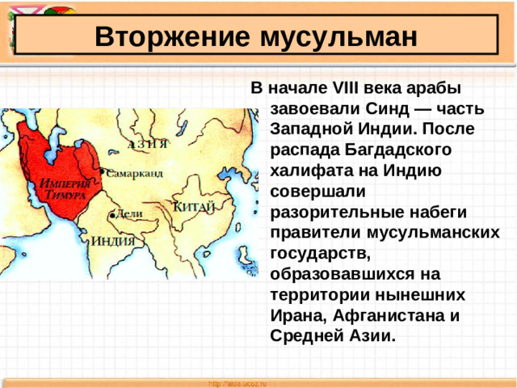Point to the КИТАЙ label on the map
pyautogui.click(x=194, y=207)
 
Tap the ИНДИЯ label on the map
pyautogui.click(x=112, y=241)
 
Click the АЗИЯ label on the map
pyautogui.click(x=148, y=145)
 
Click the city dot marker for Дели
pyautogui.click(x=111, y=216)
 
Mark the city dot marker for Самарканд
pyautogui.click(x=102, y=173)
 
